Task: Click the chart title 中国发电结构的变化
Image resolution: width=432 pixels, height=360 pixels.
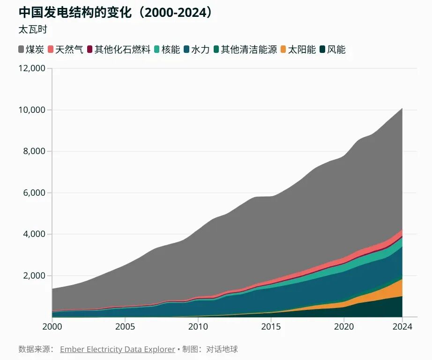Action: [x=74, y=12]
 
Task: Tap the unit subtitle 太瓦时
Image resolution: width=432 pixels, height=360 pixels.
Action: [x=33, y=29]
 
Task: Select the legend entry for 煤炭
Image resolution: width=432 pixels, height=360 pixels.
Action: [x=31, y=50]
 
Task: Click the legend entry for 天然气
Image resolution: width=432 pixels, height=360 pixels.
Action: [x=65, y=50]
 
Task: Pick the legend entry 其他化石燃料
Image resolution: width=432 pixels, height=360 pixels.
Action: [x=119, y=50]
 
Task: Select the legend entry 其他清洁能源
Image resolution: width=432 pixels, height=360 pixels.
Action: [x=245, y=50]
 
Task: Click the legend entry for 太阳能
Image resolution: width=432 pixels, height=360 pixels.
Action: [x=298, y=50]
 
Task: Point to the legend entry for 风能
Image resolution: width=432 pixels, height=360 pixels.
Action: [x=333, y=50]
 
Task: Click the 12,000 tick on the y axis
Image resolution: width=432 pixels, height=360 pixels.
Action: [x=32, y=68]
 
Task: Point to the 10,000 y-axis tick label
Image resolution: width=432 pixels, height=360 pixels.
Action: [x=32, y=110]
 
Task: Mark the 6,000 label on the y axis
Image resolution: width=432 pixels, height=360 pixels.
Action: [x=34, y=193]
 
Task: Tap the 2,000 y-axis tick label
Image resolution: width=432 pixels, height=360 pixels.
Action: [x=34, y=276]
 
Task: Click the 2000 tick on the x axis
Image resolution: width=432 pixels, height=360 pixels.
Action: [x=52, y=327]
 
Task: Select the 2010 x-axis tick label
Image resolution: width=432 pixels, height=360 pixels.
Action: [x=198, y=327]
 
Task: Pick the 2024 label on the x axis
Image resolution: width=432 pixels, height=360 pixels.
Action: [x=402, y=327]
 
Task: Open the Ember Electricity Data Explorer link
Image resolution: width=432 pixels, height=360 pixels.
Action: [x=117, y=349]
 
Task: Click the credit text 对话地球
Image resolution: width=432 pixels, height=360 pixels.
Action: [x=222, y=349]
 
